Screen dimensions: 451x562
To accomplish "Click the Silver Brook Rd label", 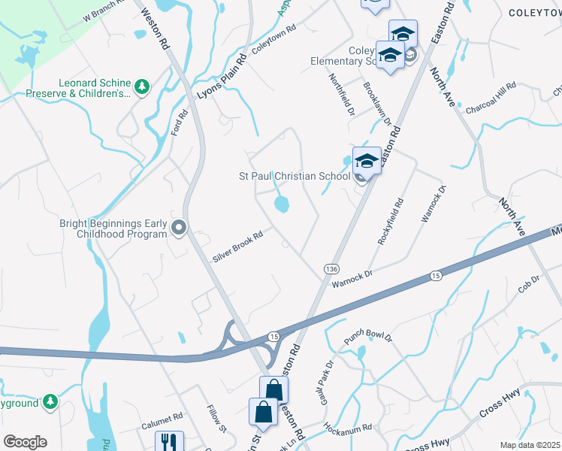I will [237, 246].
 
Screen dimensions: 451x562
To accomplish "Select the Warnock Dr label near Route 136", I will [352, 278].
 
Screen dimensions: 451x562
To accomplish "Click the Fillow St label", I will [216, 419].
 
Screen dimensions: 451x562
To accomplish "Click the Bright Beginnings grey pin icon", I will [179, 227].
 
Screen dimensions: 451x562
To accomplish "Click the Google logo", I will [25, 442].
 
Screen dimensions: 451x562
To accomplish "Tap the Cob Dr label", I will [529, 286].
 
